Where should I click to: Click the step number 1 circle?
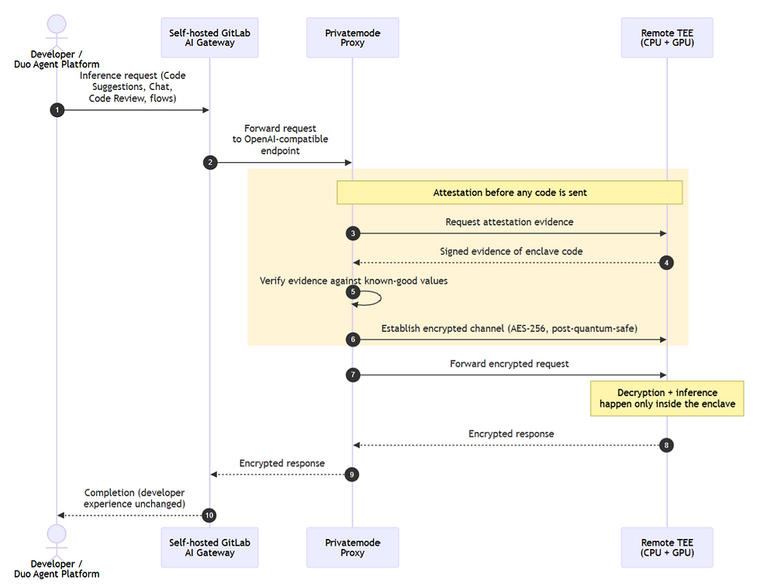tap(57, 110)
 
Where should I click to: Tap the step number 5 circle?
tap(353, 292)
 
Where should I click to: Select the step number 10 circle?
tap(209, 515)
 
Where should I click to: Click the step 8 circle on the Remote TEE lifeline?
tap(666, 445)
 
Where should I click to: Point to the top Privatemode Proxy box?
tap(352, 38)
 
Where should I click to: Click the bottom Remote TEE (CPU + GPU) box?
tap(667, 547)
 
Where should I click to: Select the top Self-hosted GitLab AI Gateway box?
tap(210, 38)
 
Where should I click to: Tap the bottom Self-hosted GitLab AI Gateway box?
tap(210, 547)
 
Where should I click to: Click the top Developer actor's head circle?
tap(57, 24)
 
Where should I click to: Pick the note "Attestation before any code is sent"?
tap(510, 192)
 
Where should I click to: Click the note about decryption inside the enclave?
tap(667, 399)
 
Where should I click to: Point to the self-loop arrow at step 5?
tap(381, 298)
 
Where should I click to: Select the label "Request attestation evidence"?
tap(510, 222)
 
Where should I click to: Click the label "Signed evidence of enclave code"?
tap(511, 251)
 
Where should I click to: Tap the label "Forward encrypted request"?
tap(510, 364)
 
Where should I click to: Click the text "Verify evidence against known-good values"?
tap(354, 281)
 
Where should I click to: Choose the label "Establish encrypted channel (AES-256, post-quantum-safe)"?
tap(510, 329)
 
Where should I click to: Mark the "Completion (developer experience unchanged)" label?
tap(134, 499)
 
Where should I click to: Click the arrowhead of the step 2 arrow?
tap(348, 162)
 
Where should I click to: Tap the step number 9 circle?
tap(352, 475)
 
